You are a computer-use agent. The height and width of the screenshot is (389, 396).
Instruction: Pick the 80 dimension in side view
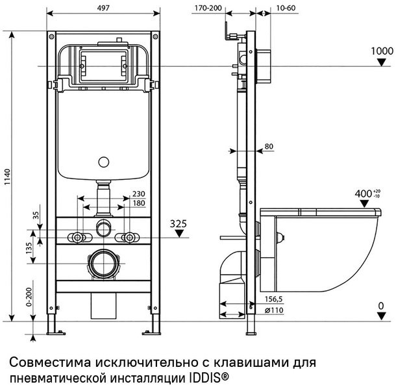click(269, 146)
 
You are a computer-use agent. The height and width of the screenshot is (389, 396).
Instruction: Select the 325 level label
click(179, 224)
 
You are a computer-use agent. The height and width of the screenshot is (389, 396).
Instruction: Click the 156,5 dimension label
click(272, 301)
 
